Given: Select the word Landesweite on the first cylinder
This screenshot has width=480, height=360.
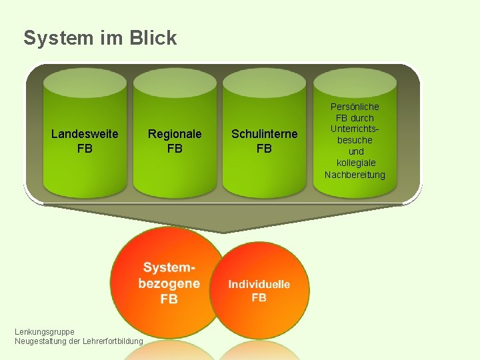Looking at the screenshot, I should [85, 134].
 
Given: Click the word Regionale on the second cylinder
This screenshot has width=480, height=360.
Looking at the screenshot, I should [175, 134].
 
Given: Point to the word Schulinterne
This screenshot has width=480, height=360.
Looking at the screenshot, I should [264, 134].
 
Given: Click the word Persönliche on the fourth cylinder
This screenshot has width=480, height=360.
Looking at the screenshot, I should [355, 107].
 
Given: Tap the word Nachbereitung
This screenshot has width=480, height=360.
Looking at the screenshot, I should [355, 175].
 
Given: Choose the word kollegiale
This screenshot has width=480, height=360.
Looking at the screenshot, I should [355, 163].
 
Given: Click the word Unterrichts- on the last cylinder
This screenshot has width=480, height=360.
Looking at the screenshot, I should [355, 129].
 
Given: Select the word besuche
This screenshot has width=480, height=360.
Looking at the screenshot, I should [355, 141].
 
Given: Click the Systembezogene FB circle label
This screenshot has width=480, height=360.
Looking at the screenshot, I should [169, 283].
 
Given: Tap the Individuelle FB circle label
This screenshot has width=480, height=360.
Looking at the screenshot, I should [259, 290].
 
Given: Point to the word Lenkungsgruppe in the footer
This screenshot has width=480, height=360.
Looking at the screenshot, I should [45, 331].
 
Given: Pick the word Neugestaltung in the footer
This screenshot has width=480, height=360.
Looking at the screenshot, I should [40, 341].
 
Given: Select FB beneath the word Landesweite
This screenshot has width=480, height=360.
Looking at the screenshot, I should [85, 149].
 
